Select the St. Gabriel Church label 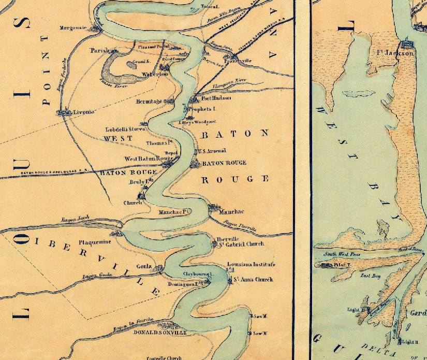pos(240,244)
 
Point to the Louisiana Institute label pos(251,265)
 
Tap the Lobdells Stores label pos(126,129)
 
